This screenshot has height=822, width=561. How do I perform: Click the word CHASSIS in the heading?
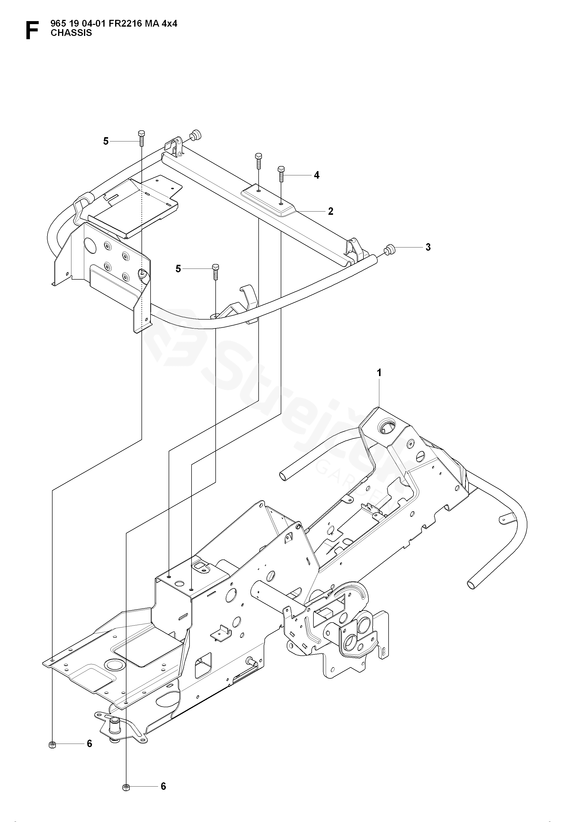coord(71,33)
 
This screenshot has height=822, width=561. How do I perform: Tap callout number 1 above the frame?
coord(379,373)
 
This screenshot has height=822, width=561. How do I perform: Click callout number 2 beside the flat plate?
coord(331,211)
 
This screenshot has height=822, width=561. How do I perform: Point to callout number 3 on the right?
coord(428,247)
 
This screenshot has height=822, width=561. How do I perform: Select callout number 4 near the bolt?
coord(316,175)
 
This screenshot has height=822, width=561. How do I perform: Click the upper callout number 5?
coord(106,141)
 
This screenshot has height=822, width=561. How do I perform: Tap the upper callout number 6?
coord(89,744)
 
